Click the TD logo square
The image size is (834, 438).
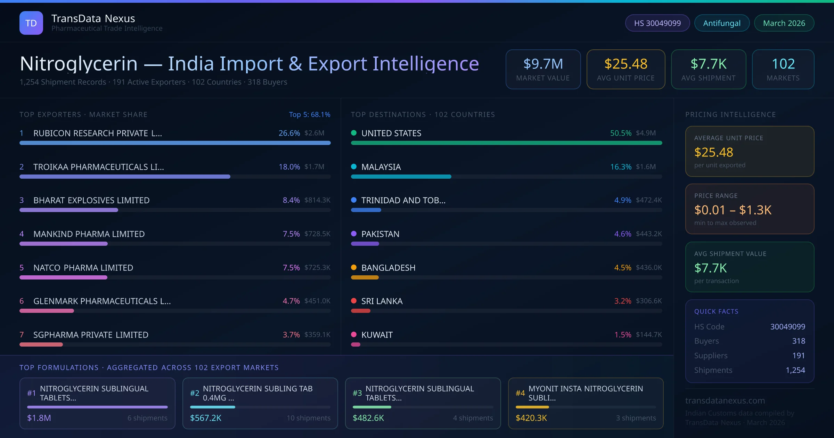(31, 23)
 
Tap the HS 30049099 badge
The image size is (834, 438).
(657, 23)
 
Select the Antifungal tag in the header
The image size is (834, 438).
(722, 23)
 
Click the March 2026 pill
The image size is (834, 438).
(784, 23)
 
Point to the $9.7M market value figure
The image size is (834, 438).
(543, 64)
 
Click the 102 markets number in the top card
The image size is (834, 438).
(783, 64)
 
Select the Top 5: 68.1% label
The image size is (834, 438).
(309, 114)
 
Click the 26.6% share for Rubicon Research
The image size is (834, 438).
(289, 133)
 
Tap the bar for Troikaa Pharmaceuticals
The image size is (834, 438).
(125, 177)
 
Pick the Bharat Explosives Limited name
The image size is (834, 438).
(91, 200)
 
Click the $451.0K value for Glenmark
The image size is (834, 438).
(317, 301)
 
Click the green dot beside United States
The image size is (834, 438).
(354, 133)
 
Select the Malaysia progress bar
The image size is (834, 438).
(401, 177)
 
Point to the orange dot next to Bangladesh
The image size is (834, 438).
(354, 267)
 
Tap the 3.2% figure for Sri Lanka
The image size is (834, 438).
(623, 301)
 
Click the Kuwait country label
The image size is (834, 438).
(377, 335)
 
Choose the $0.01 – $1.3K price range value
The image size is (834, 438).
(733, 210)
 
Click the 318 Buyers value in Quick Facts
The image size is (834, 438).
(799, 341)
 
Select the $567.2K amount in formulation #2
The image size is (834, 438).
(206, 418)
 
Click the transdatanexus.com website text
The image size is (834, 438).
(725, 400)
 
